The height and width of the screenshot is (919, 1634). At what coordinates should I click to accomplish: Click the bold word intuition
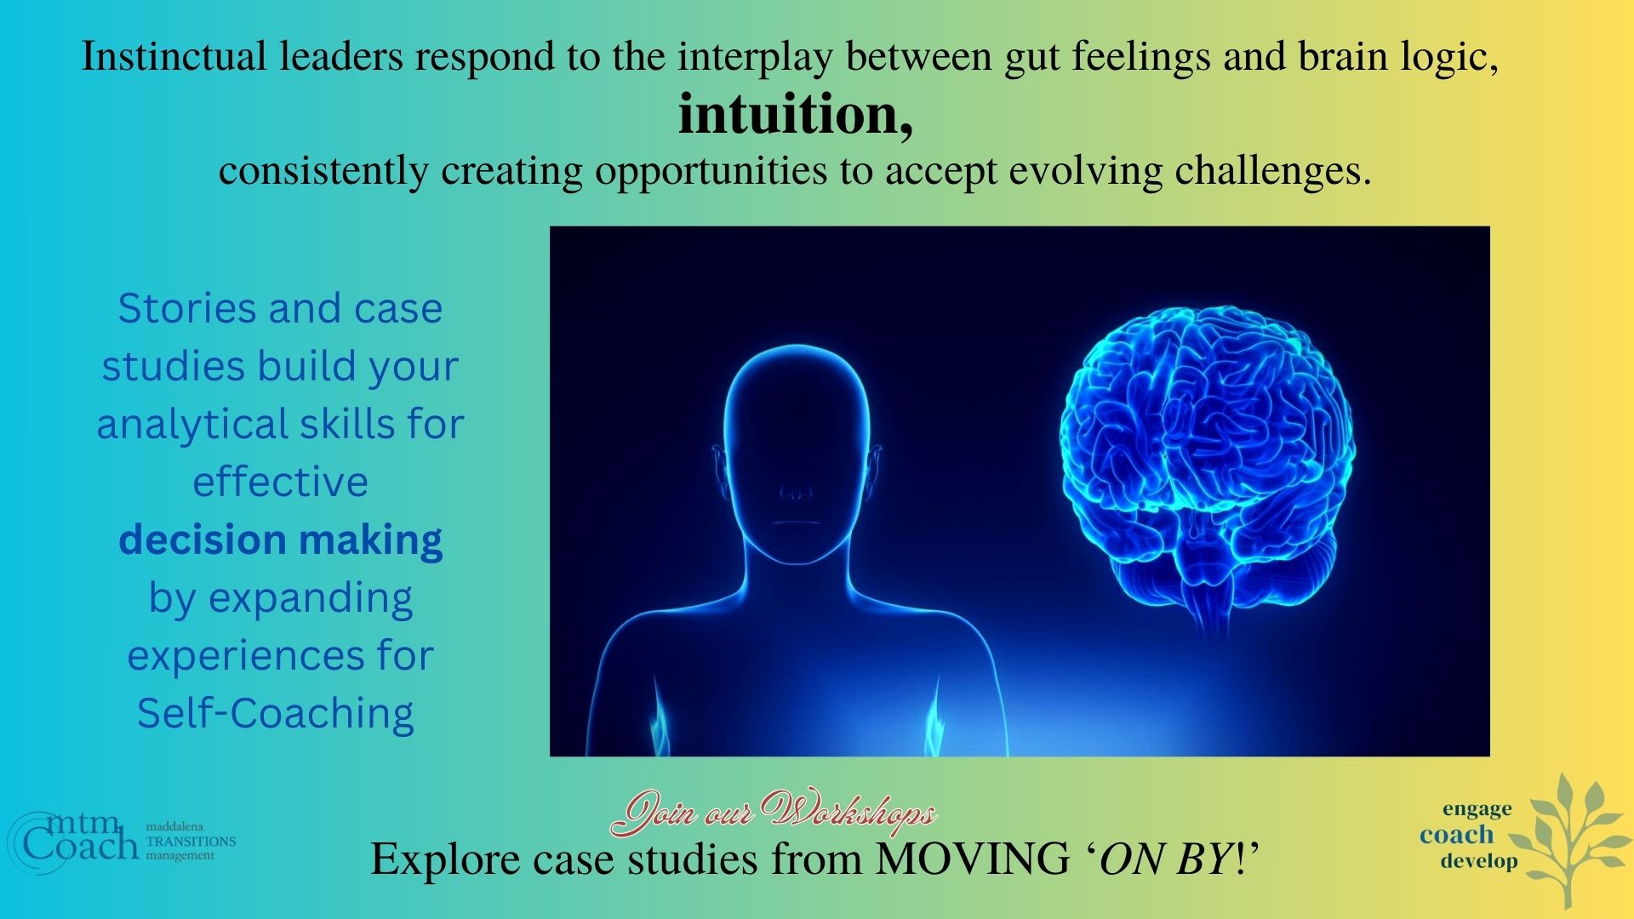tap(796, 115)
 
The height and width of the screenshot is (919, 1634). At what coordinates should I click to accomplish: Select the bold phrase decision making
tap(281, 540)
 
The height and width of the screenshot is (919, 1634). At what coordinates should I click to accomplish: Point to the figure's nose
tap(796, 493)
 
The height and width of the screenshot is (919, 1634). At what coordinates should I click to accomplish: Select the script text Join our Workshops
tap(774, 813)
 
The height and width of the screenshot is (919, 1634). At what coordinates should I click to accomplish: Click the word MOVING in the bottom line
tap(973, 859)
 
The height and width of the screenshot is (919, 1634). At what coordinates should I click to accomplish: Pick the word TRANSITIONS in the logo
tap(191, 841)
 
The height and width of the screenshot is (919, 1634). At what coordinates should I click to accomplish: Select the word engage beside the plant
tap(1477, 808)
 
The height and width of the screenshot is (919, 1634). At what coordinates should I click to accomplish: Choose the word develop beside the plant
tap(1479, 860)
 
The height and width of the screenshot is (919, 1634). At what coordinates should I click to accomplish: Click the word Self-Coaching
tap(276, 713)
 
